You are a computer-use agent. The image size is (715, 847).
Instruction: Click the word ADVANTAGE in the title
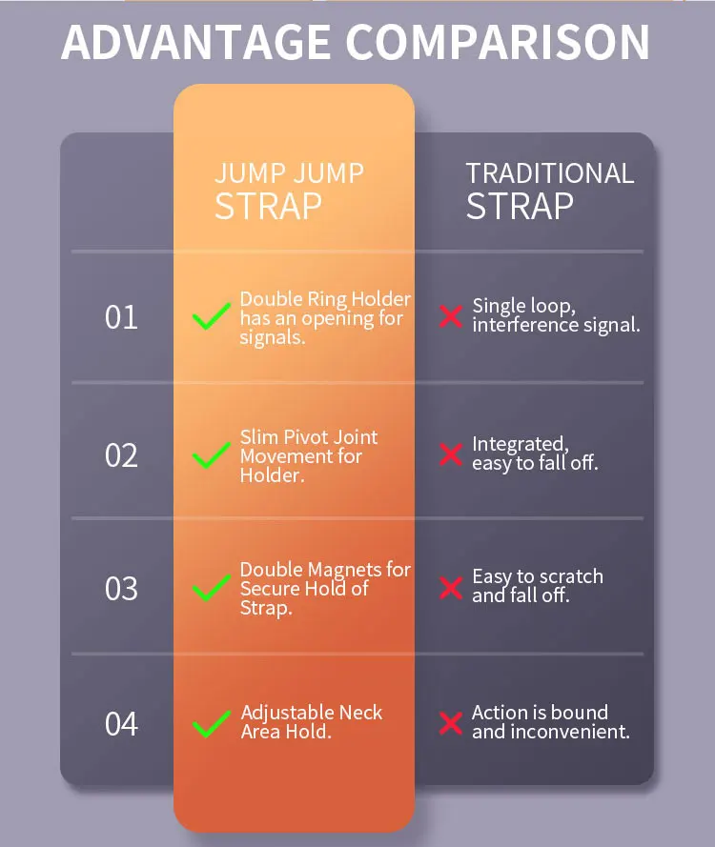[194, 42]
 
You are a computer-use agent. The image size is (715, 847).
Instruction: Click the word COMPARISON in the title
[498, 42]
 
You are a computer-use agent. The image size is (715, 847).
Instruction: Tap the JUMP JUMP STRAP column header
[289, 191]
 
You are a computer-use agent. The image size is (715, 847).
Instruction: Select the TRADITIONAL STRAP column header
[549, 191]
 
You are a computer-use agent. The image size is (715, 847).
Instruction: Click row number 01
[121, 317]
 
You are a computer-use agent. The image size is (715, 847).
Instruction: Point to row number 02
[121, 455]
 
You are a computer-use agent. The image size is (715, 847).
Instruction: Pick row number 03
[121, 589]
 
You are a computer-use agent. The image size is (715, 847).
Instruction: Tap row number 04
[121, 724]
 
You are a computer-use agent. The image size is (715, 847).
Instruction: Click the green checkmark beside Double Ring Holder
[212, 316]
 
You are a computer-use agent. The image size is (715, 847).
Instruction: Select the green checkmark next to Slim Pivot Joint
[212, 455]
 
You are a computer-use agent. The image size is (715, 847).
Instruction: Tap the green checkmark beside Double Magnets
[212, 588]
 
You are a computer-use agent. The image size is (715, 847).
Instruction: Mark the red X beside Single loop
[451, 316]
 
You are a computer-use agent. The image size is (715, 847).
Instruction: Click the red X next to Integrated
[451, 454]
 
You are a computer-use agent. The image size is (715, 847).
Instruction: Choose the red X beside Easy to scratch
[451, 587]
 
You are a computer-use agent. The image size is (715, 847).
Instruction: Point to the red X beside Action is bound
[451, 722]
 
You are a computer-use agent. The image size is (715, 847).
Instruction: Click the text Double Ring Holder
[325, 300]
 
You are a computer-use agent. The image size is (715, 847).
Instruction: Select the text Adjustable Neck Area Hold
[312, 722]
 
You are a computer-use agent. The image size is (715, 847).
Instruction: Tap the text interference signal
[556, 325]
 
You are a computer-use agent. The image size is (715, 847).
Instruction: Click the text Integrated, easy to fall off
[535, 454]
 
